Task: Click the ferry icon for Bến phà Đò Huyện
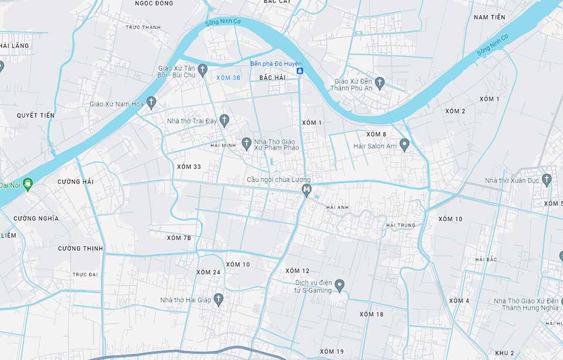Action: click(300, 71)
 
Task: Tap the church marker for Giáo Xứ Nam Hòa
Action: click(151, 103)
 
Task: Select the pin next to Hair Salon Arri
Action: click(404, 144)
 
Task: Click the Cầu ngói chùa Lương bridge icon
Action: click(306, 190)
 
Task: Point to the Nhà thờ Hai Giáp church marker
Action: click(218, 300)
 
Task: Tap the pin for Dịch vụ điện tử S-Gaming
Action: click(340, 286)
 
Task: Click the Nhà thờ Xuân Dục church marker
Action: click(547, 179)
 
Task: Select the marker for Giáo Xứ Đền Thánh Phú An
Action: click(379, 83)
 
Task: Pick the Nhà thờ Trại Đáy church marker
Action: click(224, 120)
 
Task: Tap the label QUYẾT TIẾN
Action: click(36, 116)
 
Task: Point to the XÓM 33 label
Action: click(189, 167)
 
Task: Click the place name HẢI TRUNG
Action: click(401, 225)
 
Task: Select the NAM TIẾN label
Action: click(489, 18)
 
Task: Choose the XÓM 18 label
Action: click(371, 314)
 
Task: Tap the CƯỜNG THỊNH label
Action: click(80, 249)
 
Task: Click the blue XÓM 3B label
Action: click(228, 78)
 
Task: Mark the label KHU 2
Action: click(504, 353)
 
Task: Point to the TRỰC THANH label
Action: click(143, 28)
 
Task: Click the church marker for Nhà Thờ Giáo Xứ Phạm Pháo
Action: click(246, 144)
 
